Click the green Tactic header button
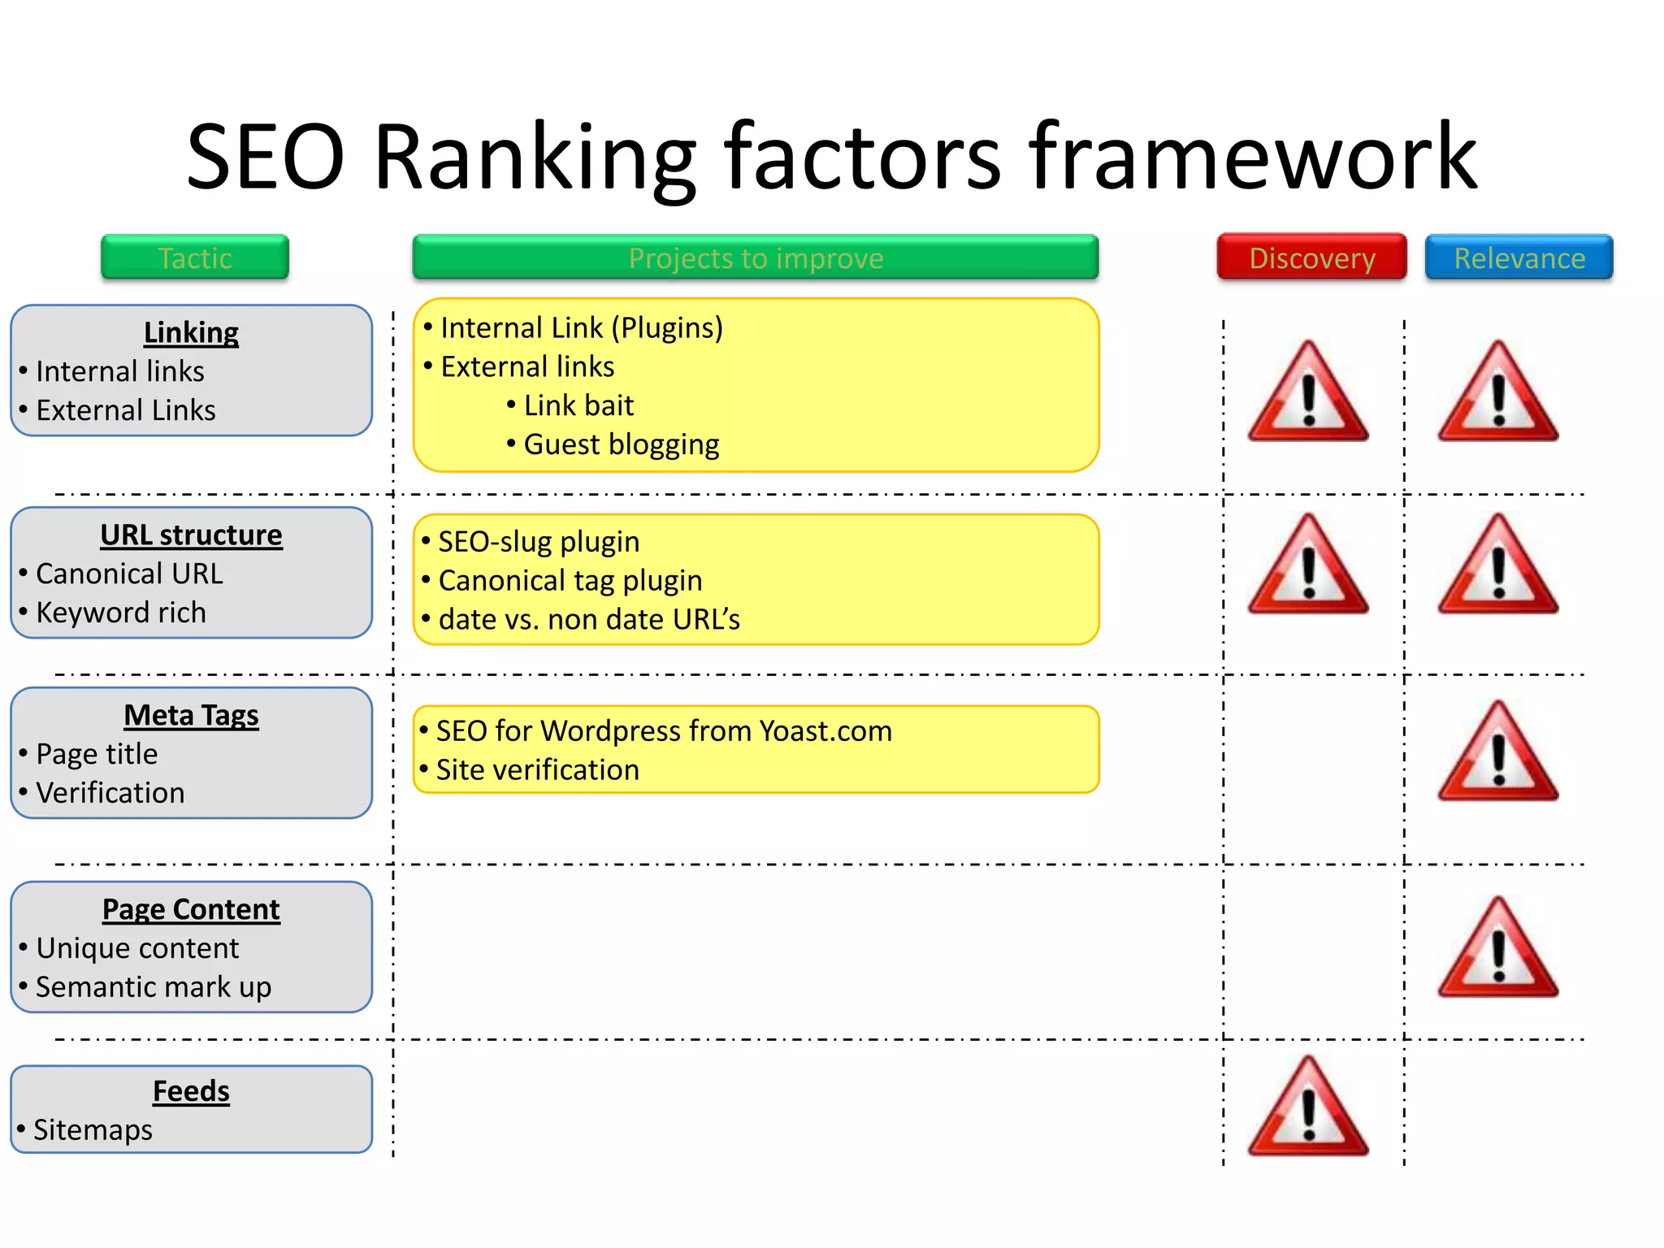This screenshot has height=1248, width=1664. click(195, 258)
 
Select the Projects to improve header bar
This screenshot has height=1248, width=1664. click(756, 258)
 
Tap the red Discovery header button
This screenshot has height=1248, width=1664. click(1311, 258)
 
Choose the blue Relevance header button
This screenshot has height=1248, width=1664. click(1519, 258)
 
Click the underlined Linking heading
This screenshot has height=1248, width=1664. click(191, 332)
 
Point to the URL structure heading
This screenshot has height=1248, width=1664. click(191, 535)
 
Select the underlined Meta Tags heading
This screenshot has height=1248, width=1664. click(191, 715)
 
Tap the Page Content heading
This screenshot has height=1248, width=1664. click(191, 909)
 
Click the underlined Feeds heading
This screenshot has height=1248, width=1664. click(191, 1090)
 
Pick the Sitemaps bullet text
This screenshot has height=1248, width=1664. click(93, 1129)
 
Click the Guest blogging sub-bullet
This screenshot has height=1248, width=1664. click(621, 444)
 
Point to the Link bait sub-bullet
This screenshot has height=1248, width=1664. click(578, 405)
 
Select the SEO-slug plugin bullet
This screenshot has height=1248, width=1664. click(539, 542)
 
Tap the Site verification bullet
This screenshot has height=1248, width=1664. click(537, 769)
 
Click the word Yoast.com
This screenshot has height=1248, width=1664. click(825, 731)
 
